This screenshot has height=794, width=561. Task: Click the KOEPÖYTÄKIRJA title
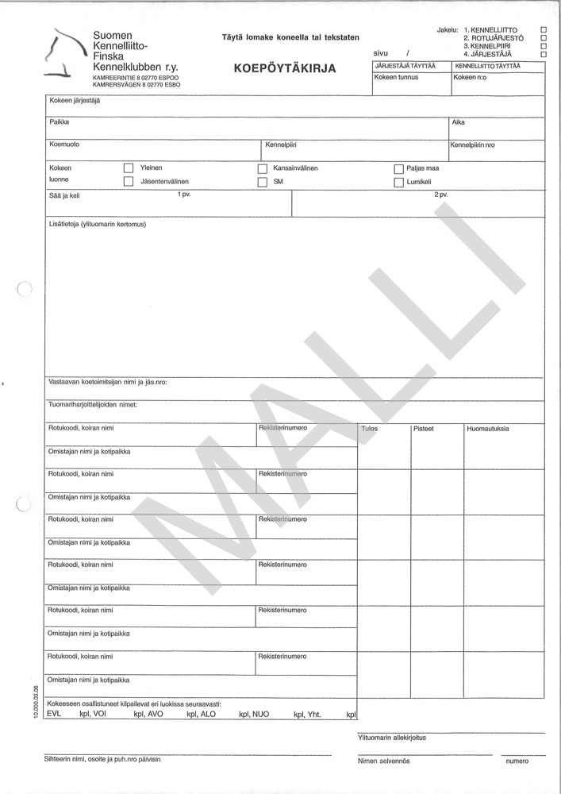pos(285,67)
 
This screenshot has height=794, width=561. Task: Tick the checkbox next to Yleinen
pos(129,168)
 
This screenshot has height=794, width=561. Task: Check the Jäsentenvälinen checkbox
pos(129,182)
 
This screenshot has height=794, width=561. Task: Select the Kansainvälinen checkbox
pos(263,168)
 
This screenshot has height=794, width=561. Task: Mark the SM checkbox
pos(263,182)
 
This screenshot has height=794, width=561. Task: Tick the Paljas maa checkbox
pos(398,168)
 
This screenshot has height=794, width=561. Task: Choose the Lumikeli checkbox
pos(398,182)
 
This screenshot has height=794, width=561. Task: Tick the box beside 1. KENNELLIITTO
pos(544,29)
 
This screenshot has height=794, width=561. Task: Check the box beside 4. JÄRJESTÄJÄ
pos(544,53)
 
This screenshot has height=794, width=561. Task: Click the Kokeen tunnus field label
pos(397,77)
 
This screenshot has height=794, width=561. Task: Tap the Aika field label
pos(458,122)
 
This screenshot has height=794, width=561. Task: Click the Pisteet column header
pos(424,429)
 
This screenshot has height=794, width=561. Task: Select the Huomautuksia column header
pos(488,429)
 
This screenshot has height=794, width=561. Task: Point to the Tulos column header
pos(369,429)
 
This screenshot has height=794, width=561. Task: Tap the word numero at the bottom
pos(517,761)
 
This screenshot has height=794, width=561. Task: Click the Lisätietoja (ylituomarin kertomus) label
pos(98,223)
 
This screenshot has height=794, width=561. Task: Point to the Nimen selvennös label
pos(383,761)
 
